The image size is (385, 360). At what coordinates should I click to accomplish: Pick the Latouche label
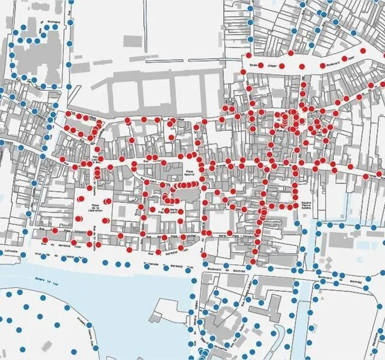tap(10, 251)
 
